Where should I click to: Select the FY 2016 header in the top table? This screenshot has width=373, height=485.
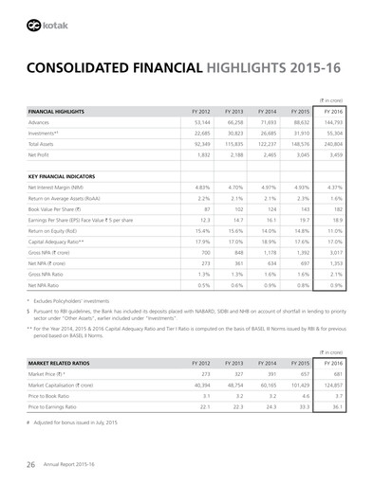[334, 112]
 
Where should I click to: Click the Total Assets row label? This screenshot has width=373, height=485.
[46, 144]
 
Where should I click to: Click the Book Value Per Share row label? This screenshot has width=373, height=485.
[60, 209]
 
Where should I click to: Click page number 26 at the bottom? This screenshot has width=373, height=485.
[30, 464]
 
